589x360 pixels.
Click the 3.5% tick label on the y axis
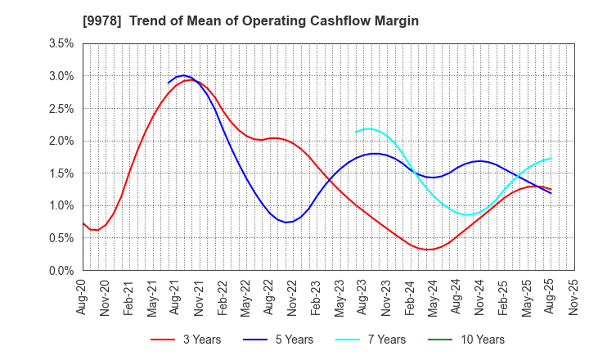coord(61,43)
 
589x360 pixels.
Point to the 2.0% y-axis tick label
coord(61,141)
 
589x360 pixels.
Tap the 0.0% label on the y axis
coord(61,271)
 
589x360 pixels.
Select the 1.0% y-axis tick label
coord(61,205)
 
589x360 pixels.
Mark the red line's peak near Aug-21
coord(191,79)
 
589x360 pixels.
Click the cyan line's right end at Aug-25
coord(551,158)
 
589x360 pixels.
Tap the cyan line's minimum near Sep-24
coord(469,215)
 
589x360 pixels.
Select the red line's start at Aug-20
coord(83,223)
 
